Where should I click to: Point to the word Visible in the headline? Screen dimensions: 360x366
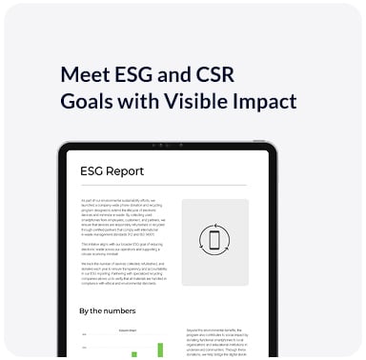point(208,102)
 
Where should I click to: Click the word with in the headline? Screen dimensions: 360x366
point(150,102)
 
